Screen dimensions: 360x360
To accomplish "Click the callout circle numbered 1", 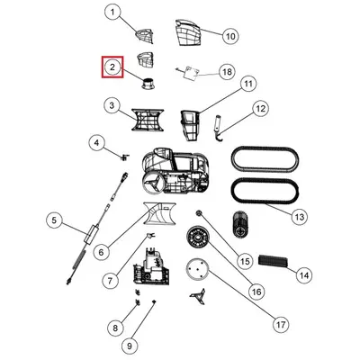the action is [x=112, y=13].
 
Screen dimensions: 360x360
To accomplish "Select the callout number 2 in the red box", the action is [x=112, y=67].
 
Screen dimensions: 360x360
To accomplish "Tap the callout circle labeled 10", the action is [x=230, y=36].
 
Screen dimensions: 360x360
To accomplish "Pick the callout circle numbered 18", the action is [x=227, y=72].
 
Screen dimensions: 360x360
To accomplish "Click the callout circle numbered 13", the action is [x=300, y=217].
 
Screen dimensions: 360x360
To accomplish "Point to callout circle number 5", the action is [x=54, y=220].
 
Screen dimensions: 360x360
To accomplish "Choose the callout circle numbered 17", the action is [x=281, y=325].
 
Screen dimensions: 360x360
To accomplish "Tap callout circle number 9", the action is [x=130, y=346].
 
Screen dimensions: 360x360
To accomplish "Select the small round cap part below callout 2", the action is [x=148, y=83].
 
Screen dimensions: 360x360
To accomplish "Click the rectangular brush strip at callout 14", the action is [x=274, y=260].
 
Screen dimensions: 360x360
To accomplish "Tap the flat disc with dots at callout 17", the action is [x=197, y=271].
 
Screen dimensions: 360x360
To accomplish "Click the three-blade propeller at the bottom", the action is [x=197, y=297].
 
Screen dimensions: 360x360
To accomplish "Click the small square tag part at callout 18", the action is [x=192, y=73].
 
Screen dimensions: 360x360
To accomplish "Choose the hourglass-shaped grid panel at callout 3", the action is [x=148, y=120].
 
